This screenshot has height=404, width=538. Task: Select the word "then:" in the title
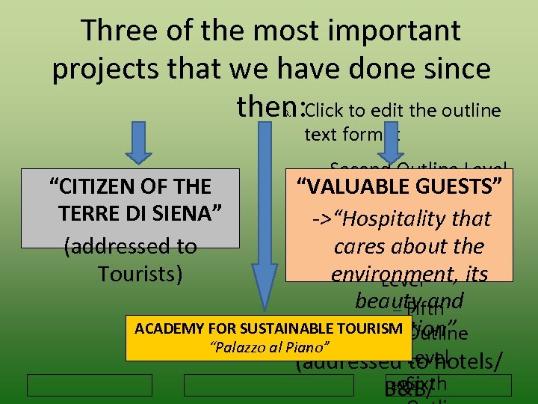[x=269, y=107]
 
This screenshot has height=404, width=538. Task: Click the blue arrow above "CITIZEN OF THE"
[x=139, y=144]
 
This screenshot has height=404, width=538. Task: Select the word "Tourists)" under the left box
[x=140, y=273]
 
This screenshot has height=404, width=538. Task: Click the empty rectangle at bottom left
[x=90, y=385]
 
